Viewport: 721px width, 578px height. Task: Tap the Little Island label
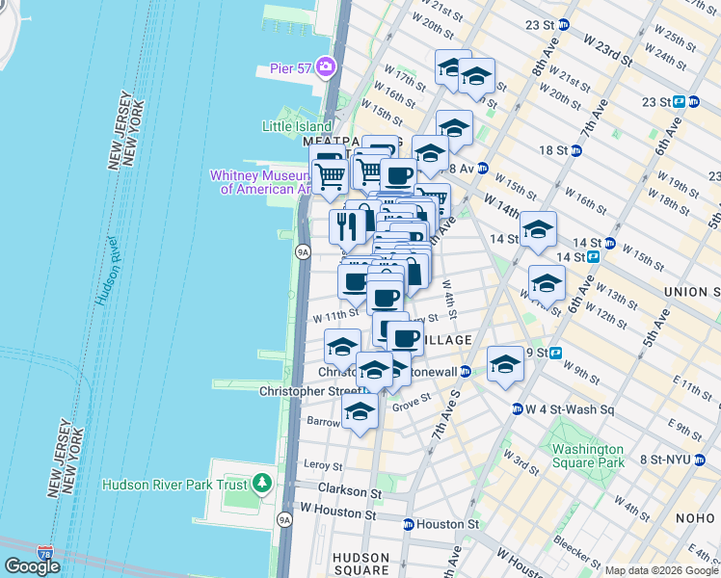[x=297, y=126]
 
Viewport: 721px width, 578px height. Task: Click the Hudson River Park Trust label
[x=174, y=485]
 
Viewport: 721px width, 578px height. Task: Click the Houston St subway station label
[x=445, y=524]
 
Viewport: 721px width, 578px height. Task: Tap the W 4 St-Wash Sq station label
[x=569, y=408]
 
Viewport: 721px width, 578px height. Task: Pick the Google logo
[x=32, y=566]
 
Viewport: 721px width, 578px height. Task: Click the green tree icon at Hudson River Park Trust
[x=263, y=484]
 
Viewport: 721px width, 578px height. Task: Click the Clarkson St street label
[x=344, y=490]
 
